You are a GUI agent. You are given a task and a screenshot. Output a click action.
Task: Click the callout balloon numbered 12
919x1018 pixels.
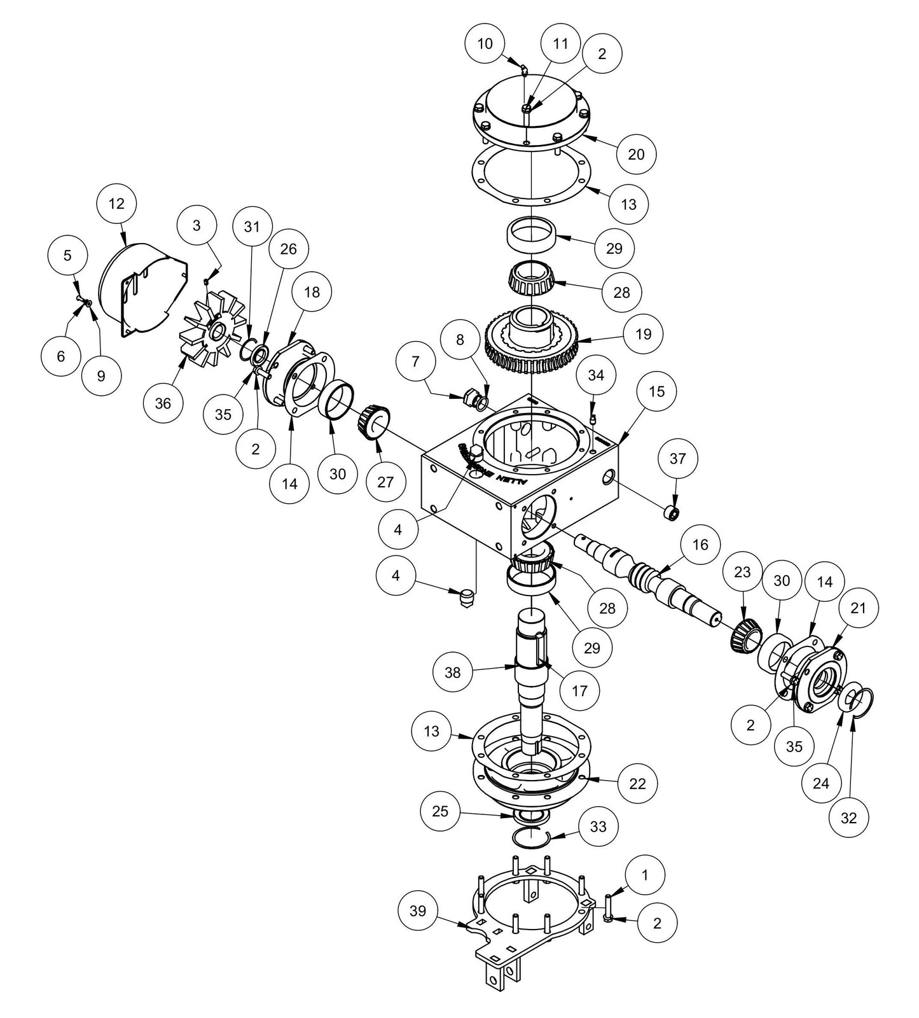(117, 204)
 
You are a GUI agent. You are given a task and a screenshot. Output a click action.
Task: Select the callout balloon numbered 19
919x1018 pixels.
(643, 333)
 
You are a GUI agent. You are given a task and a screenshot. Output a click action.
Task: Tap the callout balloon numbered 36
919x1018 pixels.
(163, 403)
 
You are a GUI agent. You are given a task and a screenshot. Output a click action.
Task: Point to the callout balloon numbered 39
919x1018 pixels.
(418, 911)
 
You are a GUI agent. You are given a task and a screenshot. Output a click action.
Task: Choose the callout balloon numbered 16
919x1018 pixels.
(700, 545)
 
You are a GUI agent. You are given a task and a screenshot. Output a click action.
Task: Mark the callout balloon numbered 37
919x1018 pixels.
(678, 458)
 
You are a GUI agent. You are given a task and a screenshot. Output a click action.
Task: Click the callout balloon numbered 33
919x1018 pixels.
(598, 826)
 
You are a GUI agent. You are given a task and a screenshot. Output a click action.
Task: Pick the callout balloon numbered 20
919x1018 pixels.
(636, 154)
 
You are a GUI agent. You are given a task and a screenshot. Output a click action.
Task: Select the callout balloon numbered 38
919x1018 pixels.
(452, 671)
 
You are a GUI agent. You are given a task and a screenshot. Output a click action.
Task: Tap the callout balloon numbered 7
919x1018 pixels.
(416, 361)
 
